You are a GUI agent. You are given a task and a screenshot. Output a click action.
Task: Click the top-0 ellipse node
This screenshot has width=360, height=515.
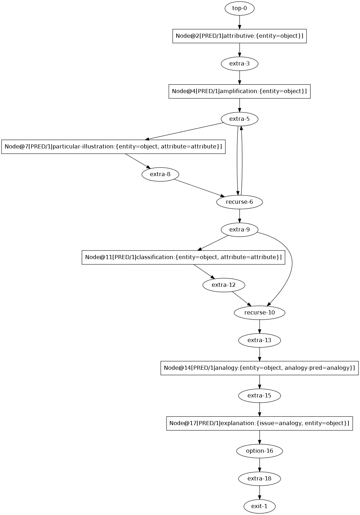coord(239,8)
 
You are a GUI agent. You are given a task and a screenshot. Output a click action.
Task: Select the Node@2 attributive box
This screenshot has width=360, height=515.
coord(239,36)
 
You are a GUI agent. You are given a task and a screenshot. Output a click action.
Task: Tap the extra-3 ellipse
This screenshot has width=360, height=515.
coord(239,64)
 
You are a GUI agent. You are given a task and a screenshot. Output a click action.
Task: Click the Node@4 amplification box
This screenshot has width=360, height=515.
coord(239,91)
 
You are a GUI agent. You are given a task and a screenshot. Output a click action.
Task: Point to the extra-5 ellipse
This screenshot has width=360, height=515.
coord(239,119)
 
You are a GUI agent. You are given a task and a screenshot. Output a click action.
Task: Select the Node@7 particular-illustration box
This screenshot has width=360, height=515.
coord(113,147)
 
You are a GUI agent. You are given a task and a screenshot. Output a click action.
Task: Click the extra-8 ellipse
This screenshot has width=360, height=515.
coord(160,174)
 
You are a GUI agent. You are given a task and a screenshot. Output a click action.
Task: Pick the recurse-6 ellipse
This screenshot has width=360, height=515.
coord(239,202)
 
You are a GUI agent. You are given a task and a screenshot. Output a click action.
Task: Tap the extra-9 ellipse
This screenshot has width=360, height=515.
coord(239,230)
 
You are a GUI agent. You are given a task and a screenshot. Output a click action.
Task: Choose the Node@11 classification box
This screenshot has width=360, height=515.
coord(183,257)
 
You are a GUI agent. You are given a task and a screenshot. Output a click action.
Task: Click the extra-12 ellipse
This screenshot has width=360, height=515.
coord(224,285)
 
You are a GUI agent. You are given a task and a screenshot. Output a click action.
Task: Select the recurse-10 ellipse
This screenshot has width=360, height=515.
coord(259,313)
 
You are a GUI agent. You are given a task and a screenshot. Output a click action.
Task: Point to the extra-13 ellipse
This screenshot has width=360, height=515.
coord(259,340)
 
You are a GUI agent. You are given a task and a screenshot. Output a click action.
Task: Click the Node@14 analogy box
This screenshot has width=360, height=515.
coord(259,368)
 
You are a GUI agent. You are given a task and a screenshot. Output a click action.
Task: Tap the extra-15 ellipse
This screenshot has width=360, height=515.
coord(259,396)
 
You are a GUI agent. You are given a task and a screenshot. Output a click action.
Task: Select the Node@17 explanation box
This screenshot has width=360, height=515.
coord(259,423)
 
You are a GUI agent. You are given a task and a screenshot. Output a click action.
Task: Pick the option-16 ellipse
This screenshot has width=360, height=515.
coord(259,451)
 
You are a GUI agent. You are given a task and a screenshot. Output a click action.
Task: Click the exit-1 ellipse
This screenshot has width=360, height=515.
coord(259,506)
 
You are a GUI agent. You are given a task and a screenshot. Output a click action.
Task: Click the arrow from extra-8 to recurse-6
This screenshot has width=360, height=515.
coord(199,188)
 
